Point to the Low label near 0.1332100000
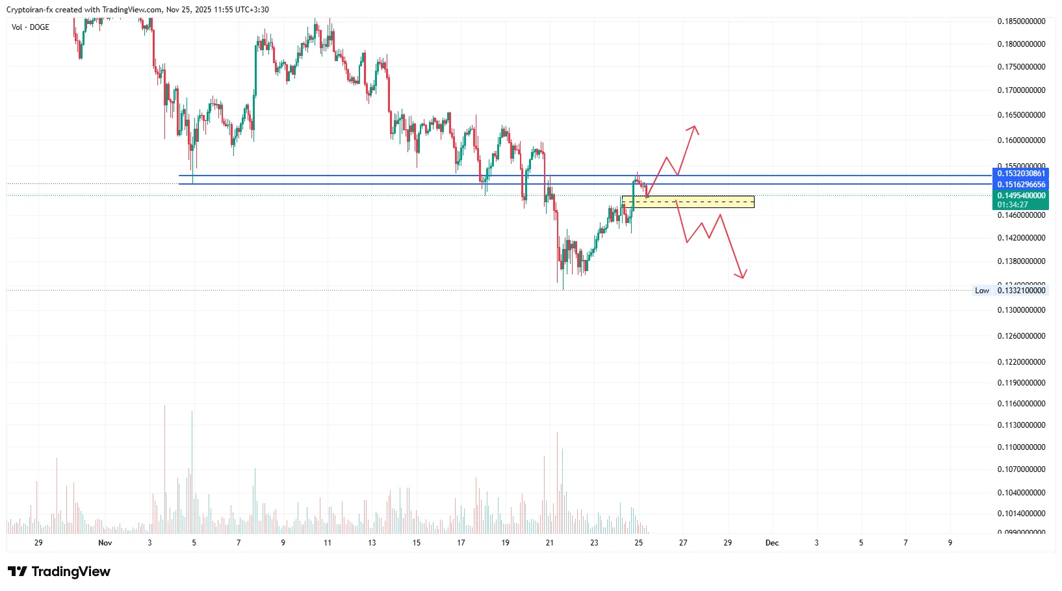tap(981, 291)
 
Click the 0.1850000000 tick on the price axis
tap(1021, 21)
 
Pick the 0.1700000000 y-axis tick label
tap(1021, 90)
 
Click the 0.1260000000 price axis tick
tap(1021, 336)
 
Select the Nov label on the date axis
tap(105, 543)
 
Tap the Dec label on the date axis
tap(771, 543)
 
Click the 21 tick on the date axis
tap(550, 543)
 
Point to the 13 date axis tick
tap(372, 543)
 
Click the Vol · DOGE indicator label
tap(31, 27)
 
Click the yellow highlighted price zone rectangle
tap(688, 202)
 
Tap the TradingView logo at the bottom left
tap(59, 571)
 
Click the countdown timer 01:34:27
tap(1013, 205)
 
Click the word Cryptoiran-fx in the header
tap(29, 10)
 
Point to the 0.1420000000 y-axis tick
tap(1021, 238)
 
